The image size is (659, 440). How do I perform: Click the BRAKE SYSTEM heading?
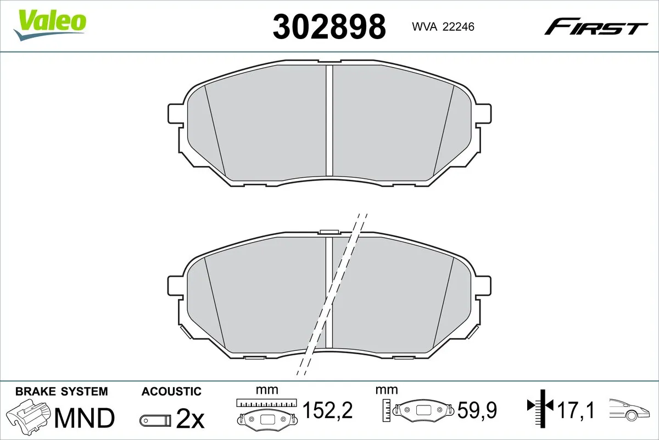click(62, 392)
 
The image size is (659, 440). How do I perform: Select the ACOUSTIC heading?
click(171, 392)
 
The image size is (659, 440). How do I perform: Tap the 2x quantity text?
click(190, 420)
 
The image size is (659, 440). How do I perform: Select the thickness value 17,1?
click(575, 410)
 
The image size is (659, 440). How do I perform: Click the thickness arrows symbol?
click(540, 407)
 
